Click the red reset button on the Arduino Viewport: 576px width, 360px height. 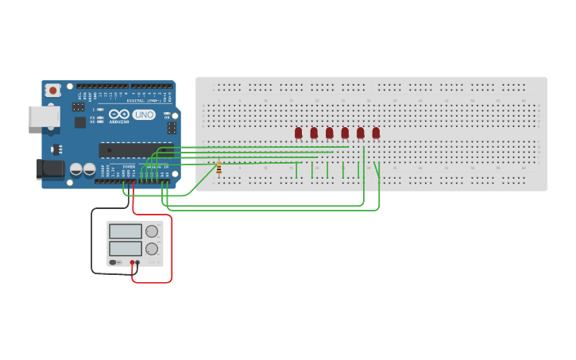pos(52,91)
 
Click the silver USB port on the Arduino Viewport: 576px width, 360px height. pos(44,117)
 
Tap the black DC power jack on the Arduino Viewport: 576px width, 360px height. pos(49,168)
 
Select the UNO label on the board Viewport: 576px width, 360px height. pos(144,114)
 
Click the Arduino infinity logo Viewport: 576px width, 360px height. pos(119,114)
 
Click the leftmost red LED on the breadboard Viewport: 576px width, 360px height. pos(299,133)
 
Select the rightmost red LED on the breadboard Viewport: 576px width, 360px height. pos(376,133)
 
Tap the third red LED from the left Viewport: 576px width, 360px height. pos(330,133)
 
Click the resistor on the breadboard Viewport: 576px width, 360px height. pos(218,168)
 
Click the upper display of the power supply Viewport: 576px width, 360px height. pos(126,231)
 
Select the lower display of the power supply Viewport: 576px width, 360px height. pos(126,248)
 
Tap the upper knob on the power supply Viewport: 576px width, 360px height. pos(152,231)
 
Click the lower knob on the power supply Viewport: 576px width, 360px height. pos(152,249)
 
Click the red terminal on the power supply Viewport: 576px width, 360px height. pos(132,262)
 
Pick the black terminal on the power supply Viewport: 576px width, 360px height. pos(137,262)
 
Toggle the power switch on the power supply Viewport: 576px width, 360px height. pos(115,262)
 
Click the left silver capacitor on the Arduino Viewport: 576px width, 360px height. pos(76,169)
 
